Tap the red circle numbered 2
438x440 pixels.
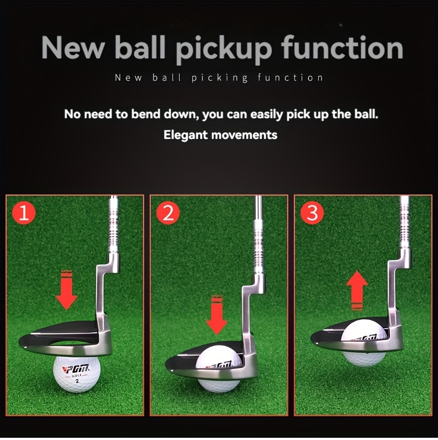[168, 213]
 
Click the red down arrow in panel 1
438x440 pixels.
[67, 290]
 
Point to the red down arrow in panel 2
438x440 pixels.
[216, 315]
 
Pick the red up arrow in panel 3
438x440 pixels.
[356, 290]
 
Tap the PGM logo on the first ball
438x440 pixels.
[77, 369]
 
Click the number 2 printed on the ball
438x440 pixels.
[77, 381]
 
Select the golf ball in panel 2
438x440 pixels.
[218, 368]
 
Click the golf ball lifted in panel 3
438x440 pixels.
[364, 343]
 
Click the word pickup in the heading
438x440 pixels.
[224, 49]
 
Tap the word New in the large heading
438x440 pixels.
[73, 48]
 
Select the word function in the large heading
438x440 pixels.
[342, 47]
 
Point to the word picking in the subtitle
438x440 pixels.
[220, 78]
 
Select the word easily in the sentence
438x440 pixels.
[267, 115]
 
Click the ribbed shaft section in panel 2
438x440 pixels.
[258, 247]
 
